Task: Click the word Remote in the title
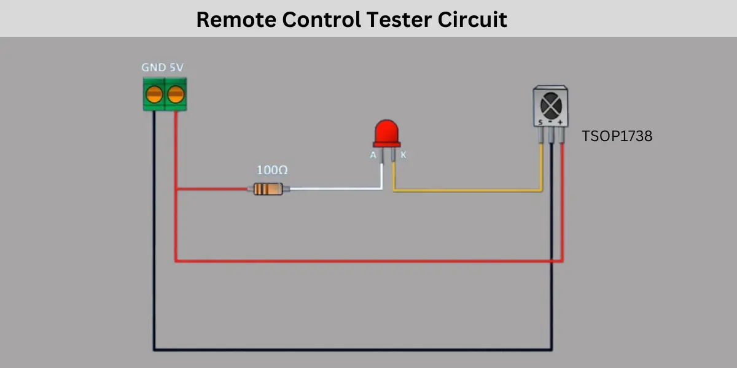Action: pos(236,20)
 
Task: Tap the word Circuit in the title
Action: pos(472,20)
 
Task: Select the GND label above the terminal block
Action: pos(154,67)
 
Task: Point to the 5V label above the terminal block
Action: pos(176,67)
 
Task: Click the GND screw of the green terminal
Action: pos(154,94)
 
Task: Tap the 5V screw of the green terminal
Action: pos(176,94)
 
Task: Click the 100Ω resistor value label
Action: pos(272,171)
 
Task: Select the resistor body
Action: pos(268,189)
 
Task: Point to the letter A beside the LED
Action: pos(373,155)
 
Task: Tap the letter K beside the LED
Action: pos(404,155)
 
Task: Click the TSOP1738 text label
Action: pos(617,136)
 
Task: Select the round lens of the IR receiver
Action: pos(551,105)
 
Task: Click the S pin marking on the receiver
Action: pos(540,122)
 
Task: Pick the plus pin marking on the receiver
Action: pos(560,123)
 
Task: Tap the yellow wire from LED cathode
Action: pos(467,190)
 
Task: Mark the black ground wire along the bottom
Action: pos(353,349)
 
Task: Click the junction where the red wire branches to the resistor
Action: pos(176,189)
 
